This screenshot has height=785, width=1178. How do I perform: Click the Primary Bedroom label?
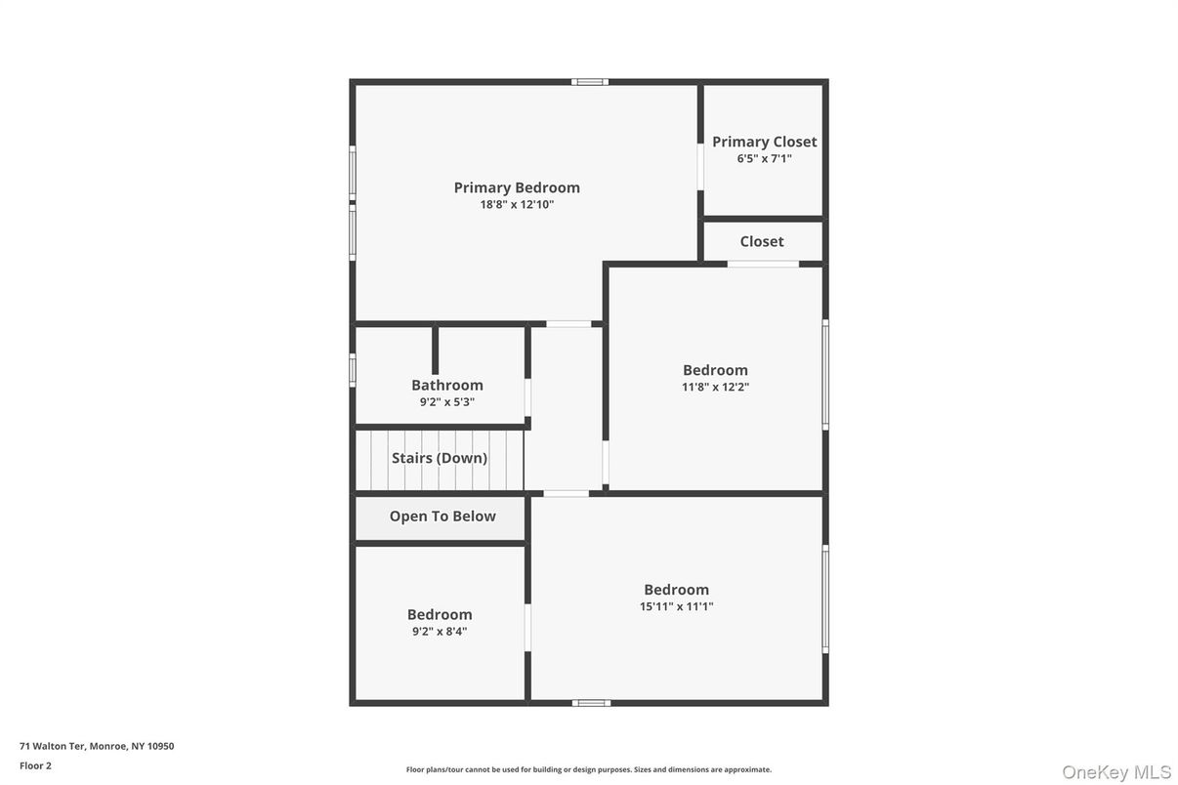coord(517,187)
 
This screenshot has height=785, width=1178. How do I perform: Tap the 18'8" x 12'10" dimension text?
coord(517,205)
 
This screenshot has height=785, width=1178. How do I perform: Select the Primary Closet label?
coord(764,142)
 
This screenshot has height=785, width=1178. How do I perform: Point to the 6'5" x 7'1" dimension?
coord(764,158)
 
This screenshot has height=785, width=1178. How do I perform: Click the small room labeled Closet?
coord(762,241)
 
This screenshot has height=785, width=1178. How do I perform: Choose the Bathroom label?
coord(447,385)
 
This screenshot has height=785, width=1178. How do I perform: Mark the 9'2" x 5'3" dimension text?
coord(447,401)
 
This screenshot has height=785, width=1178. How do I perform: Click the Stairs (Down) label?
coord(440,458)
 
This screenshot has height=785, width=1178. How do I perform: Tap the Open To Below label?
coord(442,516)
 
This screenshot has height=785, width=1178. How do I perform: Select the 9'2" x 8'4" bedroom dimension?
coord(440,631)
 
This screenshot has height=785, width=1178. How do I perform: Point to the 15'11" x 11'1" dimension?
coord(676,606)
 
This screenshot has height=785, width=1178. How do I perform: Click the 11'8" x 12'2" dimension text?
coord(715,387)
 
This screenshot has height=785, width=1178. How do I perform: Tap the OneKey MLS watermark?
coord(1116,772)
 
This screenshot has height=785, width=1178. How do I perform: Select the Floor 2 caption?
coord(35,765)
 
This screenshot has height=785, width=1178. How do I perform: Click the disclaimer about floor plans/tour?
coord(588,769)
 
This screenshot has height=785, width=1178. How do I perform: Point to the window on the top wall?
coord(590,82)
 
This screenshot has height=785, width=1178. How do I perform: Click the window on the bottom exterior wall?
coord(591,702)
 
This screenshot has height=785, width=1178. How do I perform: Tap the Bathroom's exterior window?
coord(353,369)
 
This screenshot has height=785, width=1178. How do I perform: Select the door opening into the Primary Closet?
coord(700,166)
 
